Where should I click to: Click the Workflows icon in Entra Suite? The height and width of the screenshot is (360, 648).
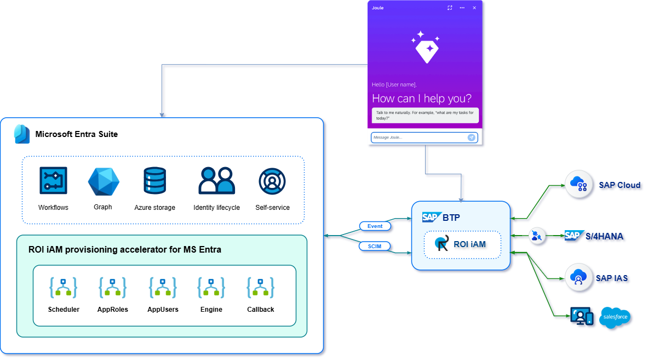(53, 181)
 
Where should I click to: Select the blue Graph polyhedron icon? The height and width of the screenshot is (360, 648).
(104, 182)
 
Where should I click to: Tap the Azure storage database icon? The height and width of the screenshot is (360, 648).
(154, 181)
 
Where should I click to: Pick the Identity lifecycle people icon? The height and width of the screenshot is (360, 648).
(216, 181)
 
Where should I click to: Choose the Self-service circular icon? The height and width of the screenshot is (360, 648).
(272, 181)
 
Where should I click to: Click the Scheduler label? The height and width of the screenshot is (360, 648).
(64, 310)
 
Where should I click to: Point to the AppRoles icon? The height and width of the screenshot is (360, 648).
(113, 288)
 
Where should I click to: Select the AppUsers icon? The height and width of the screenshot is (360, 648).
(163, 288)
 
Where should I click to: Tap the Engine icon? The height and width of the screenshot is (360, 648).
(211, 288)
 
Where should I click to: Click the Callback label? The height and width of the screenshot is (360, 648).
(261, 310)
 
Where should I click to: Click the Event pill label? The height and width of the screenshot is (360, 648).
(375, 226)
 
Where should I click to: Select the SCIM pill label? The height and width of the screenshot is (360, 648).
(375, 247)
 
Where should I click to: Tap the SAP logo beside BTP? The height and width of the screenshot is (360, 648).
(431, 217)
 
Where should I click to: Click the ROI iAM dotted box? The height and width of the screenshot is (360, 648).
(462, 244)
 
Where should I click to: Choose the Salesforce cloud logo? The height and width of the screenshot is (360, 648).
(615, 318)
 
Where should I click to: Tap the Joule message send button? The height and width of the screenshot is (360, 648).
(471, 138)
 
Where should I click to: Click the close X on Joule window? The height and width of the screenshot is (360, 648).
(474, 8)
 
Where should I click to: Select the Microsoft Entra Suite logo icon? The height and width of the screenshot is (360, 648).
(22, 134)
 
